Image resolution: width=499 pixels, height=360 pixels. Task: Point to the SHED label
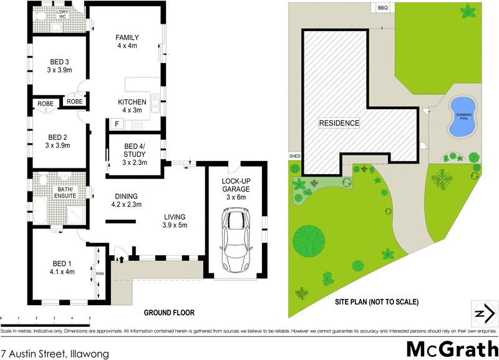pyautogui.click(x=294, y=155)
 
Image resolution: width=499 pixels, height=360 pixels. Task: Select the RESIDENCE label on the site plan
pyautogui.click(x=339, y=123)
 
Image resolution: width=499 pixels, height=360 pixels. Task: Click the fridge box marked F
pyautogui.click(x=116, y=124)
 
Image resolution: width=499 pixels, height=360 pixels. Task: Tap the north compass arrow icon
pyautogui.click(x=482, y=313)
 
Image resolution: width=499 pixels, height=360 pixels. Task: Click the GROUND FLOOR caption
pyautogui.click(x=170, y=313)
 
